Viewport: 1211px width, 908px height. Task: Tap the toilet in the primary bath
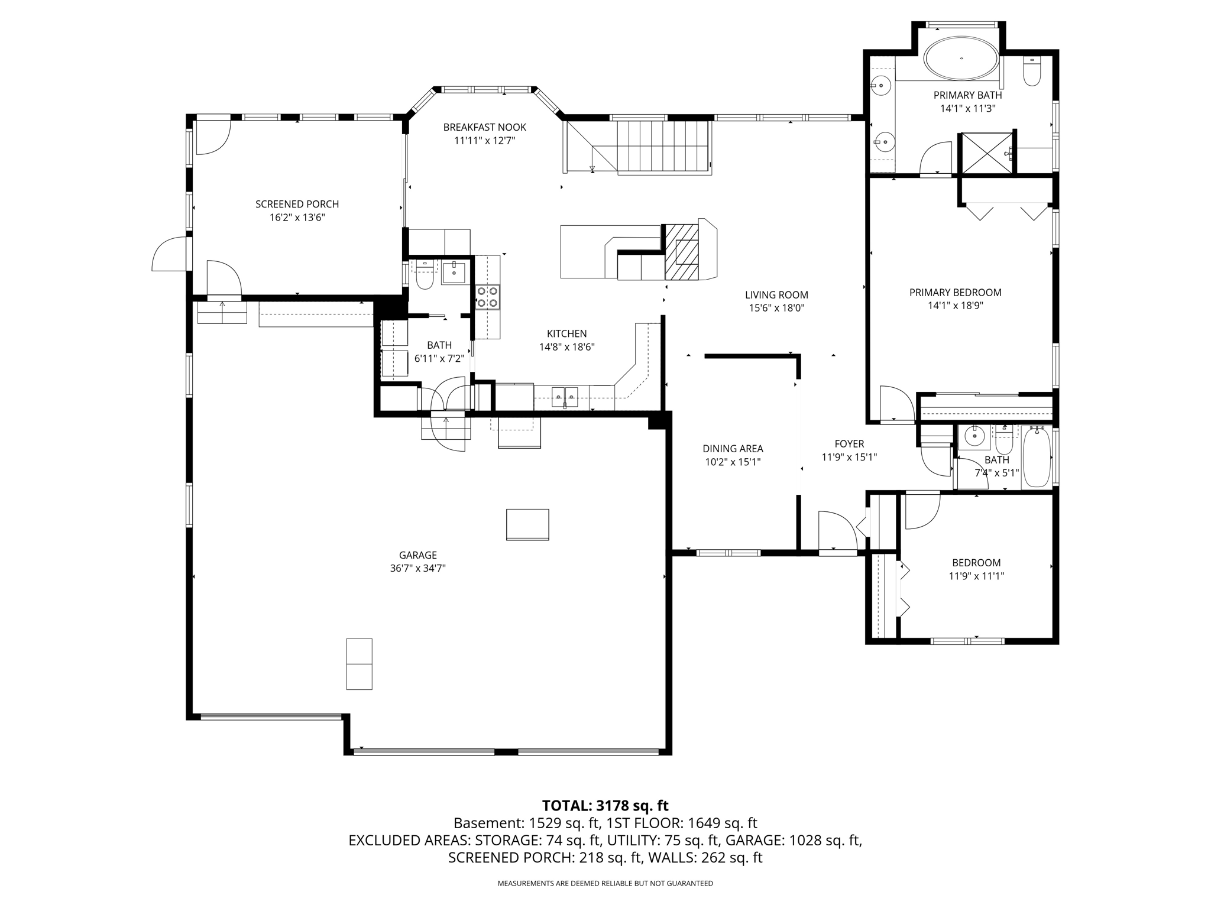[x=1031, y=72]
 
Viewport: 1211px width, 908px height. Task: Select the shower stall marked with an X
[x=986, y=153]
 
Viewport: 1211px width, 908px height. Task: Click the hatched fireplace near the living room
[x=682, y=252]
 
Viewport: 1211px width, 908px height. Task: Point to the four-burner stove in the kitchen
[x=488, y=297]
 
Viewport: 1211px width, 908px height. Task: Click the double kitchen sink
[x=565, y=397]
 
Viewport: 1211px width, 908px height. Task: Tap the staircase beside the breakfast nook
[x=662, y=146]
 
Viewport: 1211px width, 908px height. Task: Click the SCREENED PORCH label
[x=297, y=204]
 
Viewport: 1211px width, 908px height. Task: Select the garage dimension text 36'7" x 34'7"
[x=417, y=568]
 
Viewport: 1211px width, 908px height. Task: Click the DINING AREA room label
[x=733, y=449]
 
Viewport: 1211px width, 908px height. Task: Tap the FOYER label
[x=849, y=444]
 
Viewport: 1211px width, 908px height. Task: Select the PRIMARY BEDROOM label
[x=955, y=292]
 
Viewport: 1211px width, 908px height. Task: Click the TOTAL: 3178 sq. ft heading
[x=605, y=806]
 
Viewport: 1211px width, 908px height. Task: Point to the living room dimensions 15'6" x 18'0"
[x=777, y=308]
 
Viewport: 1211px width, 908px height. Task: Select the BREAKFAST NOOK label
[x=484, y=127]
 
